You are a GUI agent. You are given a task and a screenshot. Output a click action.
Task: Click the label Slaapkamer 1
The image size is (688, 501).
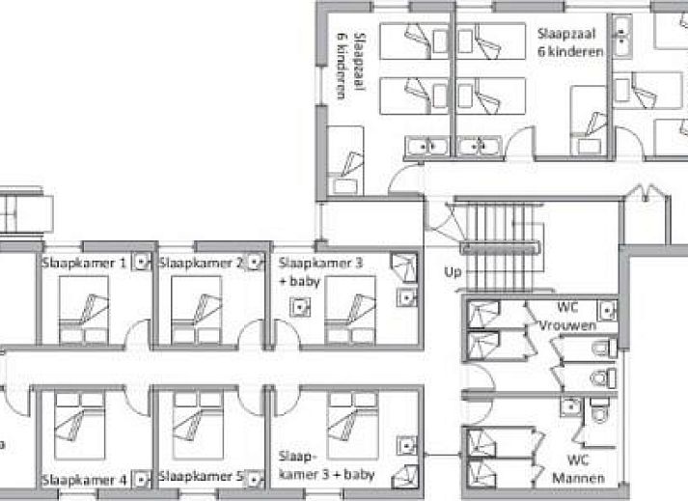click(84, 263)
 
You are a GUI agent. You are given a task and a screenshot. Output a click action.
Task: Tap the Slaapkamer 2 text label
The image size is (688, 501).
click(201, 263)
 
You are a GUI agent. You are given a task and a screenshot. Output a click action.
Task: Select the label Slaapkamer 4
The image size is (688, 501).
click(84, 480)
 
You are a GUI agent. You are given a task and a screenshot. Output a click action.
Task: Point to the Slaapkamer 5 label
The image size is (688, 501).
click(201, 477)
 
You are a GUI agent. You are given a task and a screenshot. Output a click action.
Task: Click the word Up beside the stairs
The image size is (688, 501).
click(453, 272)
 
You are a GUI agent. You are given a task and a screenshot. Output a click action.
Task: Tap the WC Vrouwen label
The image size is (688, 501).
click(567, 317)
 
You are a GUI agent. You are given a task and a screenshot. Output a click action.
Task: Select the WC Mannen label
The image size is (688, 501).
click(578, 469)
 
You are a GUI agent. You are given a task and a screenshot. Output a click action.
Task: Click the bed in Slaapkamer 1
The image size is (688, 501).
click(84, 310)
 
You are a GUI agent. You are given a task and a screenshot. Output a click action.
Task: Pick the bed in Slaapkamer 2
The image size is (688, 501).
click(197, 310)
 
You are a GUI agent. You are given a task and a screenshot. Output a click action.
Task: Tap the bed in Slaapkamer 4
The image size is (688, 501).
click(80, 426)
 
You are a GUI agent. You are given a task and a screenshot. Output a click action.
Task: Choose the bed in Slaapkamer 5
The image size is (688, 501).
click(199, 426)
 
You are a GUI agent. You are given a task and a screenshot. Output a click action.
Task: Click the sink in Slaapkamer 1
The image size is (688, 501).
click(141, 262)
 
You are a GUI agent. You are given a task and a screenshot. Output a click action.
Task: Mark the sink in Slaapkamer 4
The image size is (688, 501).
click(141, 480)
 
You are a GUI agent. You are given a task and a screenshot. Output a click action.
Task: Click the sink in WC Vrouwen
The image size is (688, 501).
click(607, 311)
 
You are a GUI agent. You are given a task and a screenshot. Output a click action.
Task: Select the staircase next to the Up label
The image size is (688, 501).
click(500, 247)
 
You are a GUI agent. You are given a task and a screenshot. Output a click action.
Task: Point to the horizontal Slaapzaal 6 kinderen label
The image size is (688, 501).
click(570, 42)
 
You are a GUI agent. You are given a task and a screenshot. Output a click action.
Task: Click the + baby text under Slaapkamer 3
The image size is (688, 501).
click(300, 282)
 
